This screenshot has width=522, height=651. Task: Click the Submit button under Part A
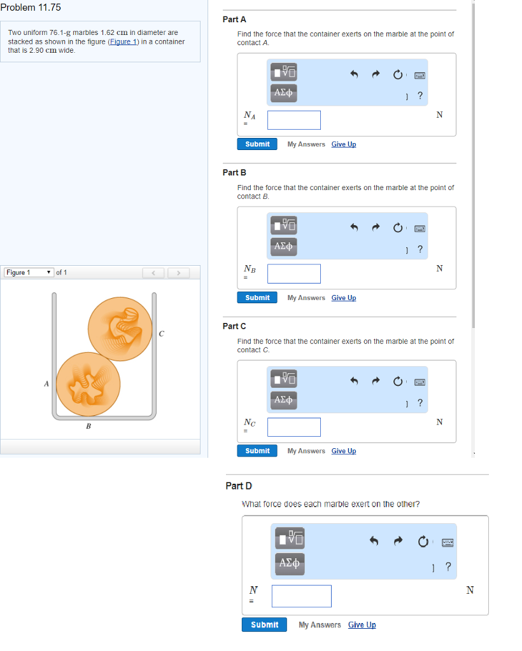coord(257,144)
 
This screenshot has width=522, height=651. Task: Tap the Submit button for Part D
coord(264,625)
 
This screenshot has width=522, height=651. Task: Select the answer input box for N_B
coord(294,273)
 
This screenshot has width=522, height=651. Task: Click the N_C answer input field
coord(294,427)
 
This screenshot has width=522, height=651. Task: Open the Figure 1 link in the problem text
coord(123,41)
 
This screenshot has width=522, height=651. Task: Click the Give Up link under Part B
coord(344,298)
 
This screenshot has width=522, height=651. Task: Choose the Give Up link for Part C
coord(344,451)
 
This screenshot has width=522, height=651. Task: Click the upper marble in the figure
coord(120,329)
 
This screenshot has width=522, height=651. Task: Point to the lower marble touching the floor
coord(88,384)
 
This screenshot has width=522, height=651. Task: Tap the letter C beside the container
coord(161,334)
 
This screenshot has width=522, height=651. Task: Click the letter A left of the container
coord(46,384)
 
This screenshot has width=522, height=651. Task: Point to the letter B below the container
coord(88,426)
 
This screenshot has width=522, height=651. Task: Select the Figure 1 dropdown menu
coord(29,272)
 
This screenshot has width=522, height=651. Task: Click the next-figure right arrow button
coord(178,273)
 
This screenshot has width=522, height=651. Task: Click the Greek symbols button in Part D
coord(290,563)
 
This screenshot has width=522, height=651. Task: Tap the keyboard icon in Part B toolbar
coord(420,229)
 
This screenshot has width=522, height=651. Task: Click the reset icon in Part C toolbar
coord(398,381)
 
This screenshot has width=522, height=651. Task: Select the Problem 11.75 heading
coord(31,8)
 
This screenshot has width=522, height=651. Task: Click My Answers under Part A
coord(306,144)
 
